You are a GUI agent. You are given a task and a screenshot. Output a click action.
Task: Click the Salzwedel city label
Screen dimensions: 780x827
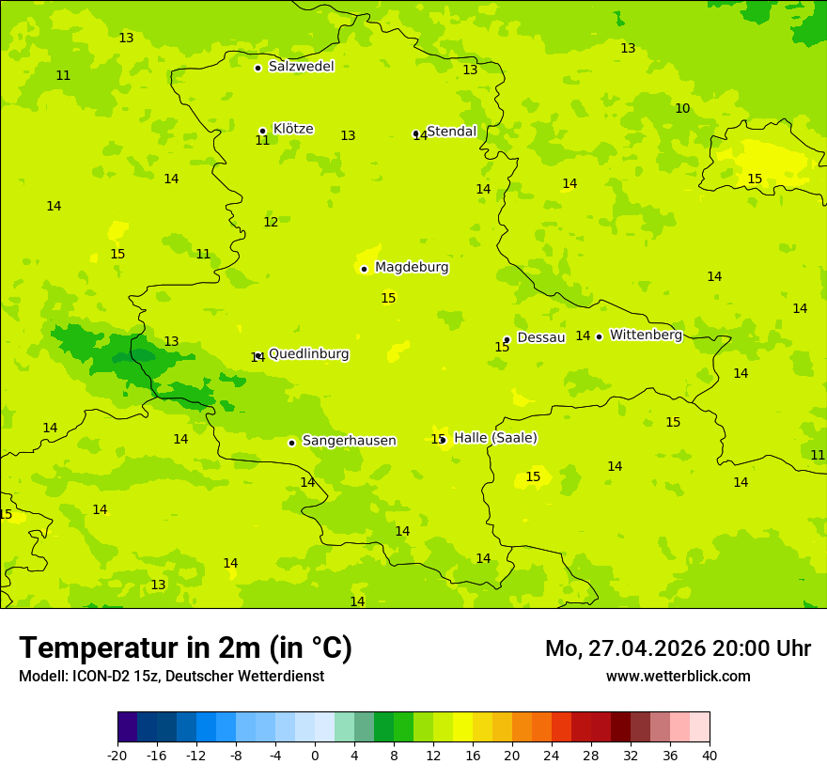pos(301,67)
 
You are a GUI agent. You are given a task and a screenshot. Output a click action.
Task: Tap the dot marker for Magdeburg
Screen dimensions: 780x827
pos(364,269)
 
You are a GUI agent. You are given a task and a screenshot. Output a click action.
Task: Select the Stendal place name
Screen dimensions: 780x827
pos(452,132)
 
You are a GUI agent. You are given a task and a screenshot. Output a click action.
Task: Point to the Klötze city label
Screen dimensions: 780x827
pos(293,130)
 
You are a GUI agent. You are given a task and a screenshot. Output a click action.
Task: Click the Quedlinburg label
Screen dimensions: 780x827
pos(309,354)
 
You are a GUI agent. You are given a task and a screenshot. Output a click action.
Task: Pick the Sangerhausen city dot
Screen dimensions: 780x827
pos(291,443)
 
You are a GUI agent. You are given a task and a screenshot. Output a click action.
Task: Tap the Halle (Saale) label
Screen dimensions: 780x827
pos(495,438)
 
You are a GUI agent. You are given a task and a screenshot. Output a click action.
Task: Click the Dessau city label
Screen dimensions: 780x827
pos(541,337)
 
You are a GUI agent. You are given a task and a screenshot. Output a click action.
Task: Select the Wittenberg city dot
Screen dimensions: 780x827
pos(599,336)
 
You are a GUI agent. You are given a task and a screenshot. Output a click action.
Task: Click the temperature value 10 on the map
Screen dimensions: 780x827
pos(682,109)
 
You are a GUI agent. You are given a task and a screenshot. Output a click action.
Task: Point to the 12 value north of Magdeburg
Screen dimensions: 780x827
pos(271,223)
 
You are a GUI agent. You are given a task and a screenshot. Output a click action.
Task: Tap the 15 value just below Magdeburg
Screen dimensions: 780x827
pos(388,299)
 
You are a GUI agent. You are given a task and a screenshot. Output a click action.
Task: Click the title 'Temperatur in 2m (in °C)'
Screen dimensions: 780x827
pos(185,648)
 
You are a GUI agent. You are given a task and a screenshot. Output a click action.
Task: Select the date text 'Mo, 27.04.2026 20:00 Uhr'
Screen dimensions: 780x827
pos(678,648)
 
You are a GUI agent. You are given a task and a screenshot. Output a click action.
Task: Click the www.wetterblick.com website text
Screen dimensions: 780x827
pos(678,677)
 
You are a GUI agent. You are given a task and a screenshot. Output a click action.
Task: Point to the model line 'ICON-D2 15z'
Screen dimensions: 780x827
pos(171,677)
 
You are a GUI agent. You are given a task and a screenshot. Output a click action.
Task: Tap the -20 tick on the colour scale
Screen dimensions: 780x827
pos(117,755)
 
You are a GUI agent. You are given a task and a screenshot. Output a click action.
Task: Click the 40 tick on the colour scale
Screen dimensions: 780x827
pos(710,755)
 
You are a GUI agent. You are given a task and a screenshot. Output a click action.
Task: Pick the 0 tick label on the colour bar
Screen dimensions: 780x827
pos(315,755)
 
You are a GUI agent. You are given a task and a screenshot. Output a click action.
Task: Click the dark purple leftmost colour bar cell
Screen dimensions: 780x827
pos(127,727)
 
